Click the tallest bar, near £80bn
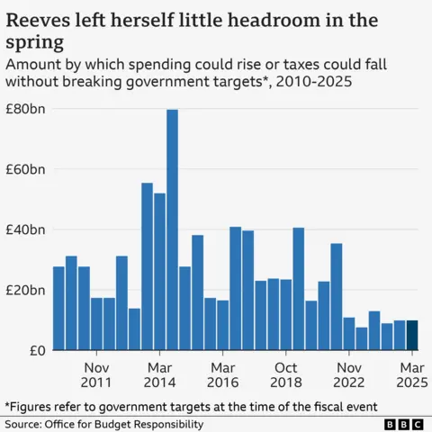[172, 229]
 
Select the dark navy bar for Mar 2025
[412, 336]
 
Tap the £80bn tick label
[25, 109]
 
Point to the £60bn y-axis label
[25, 169]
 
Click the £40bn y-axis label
[25, 229]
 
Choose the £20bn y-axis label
[25, 290]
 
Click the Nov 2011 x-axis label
[96, 375]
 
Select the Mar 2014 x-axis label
[159, 375]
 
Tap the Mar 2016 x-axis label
[222, 375]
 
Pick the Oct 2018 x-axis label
[285, 375]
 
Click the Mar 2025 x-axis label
[412, 375]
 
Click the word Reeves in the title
[37, 19]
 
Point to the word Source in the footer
[23, 424]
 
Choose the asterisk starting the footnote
[7, 405]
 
